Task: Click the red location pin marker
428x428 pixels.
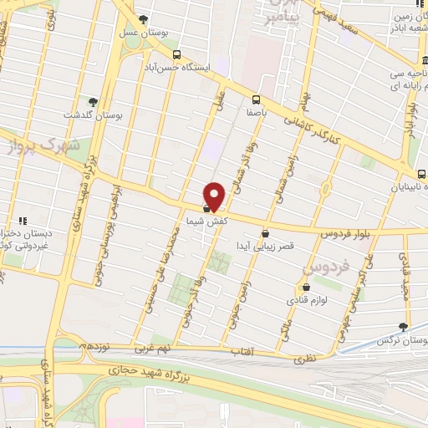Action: (x=215, y=196)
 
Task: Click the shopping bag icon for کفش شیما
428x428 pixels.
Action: (x=206, y=207)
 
